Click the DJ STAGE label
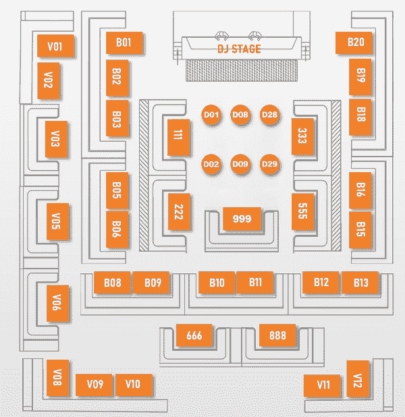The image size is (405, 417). tap(239, 49)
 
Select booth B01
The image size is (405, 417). tap(124, 43)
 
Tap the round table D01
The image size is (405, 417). tap(212, 115)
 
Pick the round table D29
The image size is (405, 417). tap(269, 164)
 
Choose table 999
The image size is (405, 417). tap(242, 219)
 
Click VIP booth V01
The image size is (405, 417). tap(55, 47)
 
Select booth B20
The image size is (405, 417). tap(355, 43)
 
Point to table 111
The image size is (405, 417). tap(177, 135)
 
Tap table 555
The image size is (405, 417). tap(302, 212)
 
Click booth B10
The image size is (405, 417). tap(217, 283)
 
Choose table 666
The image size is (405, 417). tap(194, 335)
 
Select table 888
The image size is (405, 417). tap(277, 335)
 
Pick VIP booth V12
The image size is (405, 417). tap(357, 381)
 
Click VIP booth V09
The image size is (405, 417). tap(94, 385)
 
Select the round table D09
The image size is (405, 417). tap(240, 164)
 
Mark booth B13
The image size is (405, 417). tap(360, 283)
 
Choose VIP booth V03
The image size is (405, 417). tap(55, 140)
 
